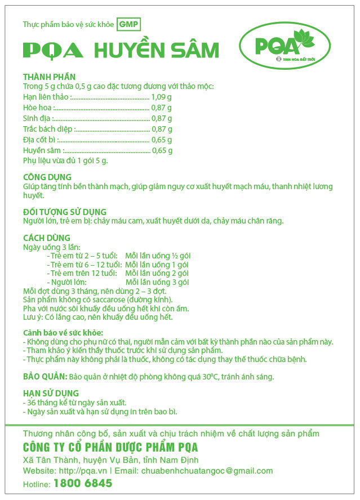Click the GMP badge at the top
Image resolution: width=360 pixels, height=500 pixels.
coord(128,24)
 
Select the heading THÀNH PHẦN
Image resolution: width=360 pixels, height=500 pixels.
coord(49,77)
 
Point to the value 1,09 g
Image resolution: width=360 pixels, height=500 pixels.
coord(162,97)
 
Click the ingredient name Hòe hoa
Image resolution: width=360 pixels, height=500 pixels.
coord(38,108)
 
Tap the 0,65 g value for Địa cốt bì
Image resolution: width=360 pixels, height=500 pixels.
coord(162,140)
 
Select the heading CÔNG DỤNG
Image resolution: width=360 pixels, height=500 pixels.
coord(47,177)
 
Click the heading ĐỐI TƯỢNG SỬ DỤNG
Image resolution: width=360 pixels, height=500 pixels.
coord(65,212)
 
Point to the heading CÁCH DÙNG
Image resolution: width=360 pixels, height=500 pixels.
coord(46,238)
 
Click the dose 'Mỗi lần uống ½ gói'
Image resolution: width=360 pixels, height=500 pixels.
coord(158,256)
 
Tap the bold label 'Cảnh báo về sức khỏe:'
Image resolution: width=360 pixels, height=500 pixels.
coord(63,333)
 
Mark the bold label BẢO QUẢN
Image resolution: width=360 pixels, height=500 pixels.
coord(45,376)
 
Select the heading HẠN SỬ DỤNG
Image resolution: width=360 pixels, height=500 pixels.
coord(51,393)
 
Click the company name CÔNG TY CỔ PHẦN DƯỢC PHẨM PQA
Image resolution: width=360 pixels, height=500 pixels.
coord(110,448)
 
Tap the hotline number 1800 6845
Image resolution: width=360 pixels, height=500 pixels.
coord(83,484)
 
